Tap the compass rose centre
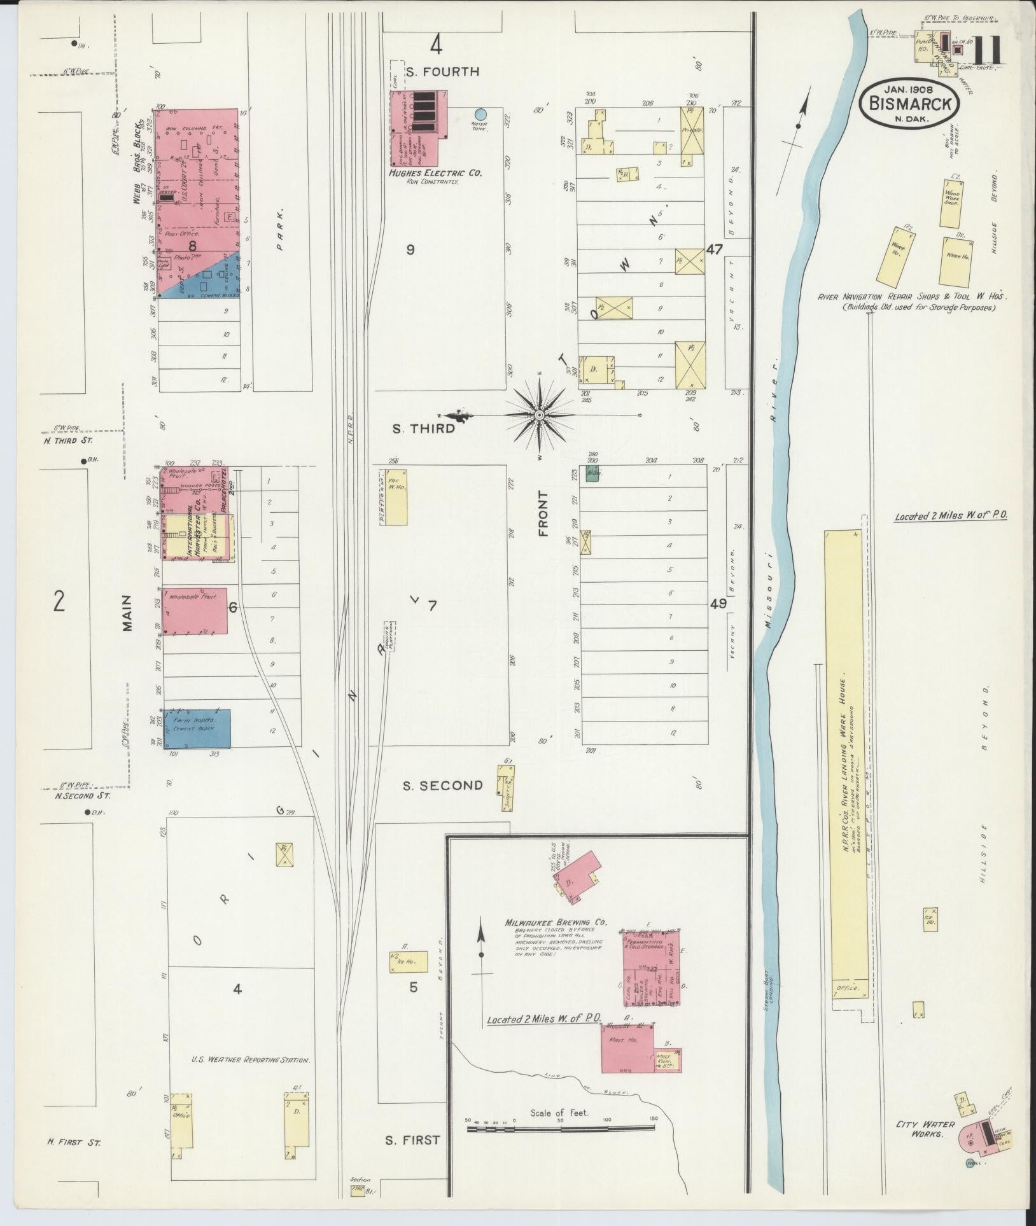coord(539,415)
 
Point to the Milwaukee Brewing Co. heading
coord(556,922)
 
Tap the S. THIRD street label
coord(423,429)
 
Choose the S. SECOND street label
coord(443,785)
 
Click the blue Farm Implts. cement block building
coord(197,728)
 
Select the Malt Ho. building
coord(627,1048)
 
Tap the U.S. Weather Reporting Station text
coord(251,1060)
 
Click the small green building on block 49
coord(593,474)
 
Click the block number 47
coord(715,249)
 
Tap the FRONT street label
coord(543,514)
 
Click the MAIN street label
coord(127,613)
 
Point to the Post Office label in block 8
coord(182,234)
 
